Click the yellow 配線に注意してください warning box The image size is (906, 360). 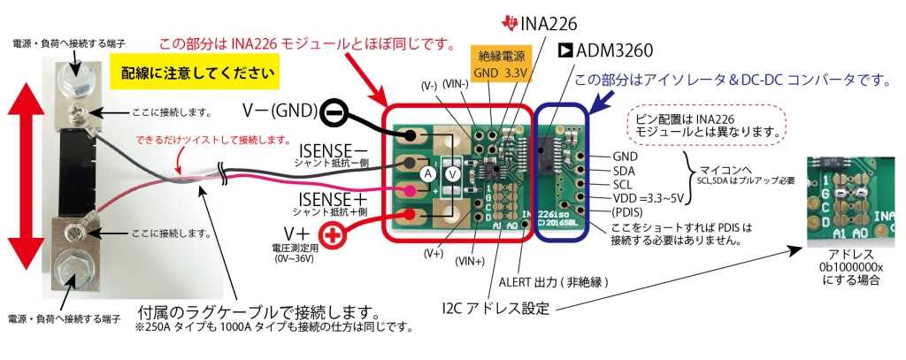coord(195,73)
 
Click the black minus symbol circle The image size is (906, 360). coord(332,112)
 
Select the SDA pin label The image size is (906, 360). coord(626,171)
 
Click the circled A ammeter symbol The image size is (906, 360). coord(427,175)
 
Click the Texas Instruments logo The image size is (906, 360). coord(511,19)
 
